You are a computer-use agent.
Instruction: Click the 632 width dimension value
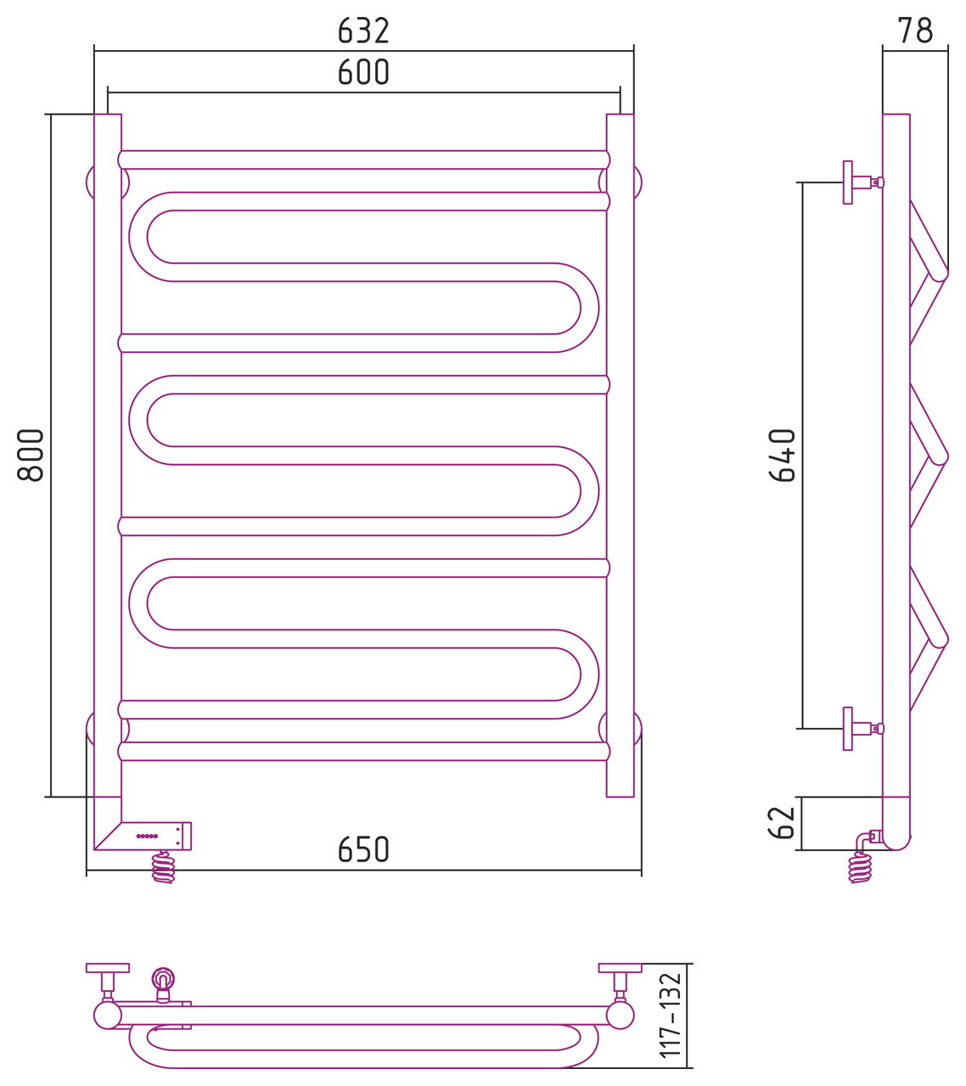coord(363,31)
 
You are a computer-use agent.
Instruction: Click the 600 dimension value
coord(363,72)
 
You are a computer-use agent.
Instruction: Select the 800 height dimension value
coord(31,455)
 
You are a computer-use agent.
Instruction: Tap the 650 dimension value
coord(363,849)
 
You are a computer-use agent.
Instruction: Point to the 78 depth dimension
coord(915,31)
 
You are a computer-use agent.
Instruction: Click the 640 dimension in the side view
coord(782,455)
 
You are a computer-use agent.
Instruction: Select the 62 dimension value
coord(782,823)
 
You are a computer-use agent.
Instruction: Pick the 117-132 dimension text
coord(671,1016)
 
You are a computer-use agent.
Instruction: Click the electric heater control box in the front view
coord(156,836)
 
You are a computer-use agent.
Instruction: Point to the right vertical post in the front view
coord(620,455)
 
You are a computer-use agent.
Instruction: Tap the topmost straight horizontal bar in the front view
coord(363,160)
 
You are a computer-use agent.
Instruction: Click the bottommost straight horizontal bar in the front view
coord(363,751)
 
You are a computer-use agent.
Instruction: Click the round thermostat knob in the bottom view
coord(163,978)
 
